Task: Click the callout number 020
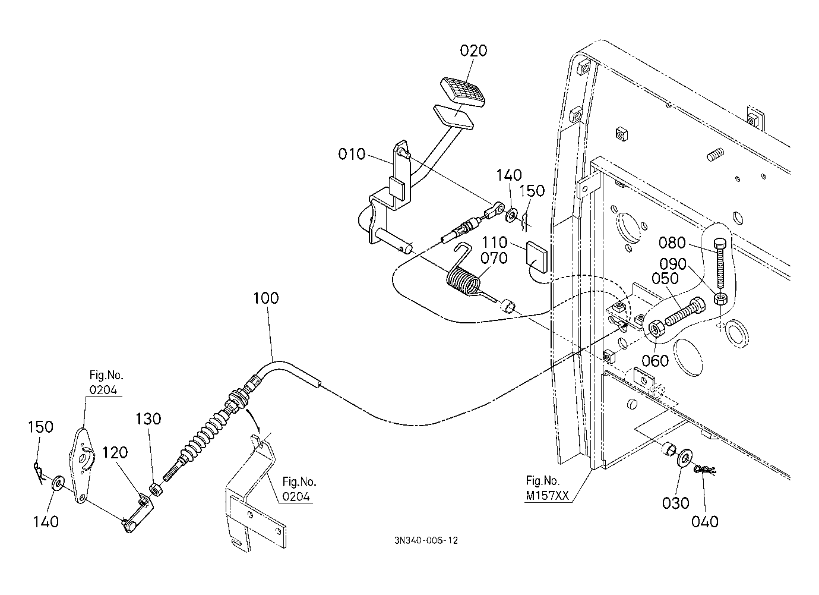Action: [x=473, y=51]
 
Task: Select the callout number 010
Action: [x=352, y=155]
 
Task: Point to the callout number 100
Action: [x=265, y=298]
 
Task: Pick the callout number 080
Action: [x=672, y=243]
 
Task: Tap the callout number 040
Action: [x=705, y=521]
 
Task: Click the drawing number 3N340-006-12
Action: [x=425, y=540]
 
